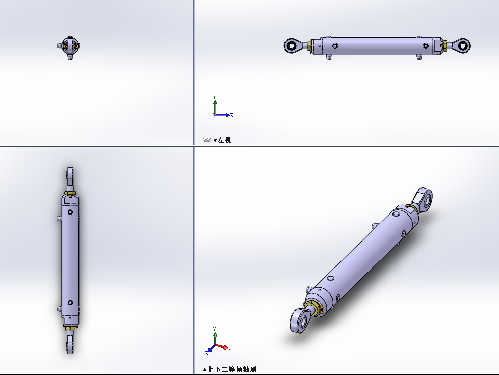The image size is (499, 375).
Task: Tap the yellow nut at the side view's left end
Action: (x=309, y=46)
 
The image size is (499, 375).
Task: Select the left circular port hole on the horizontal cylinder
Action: (x=335, y=46)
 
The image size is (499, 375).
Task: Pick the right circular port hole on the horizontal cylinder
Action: (x=426, y=46)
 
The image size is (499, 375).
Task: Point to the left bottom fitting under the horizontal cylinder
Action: (x=329, y=57)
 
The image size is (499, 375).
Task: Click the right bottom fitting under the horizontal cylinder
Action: (x=419, y=57)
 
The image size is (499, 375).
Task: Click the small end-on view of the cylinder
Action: (x=70, y=47)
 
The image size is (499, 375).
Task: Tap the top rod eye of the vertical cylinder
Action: (x=70, y=174)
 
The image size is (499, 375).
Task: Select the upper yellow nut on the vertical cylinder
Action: (x=70, y=193)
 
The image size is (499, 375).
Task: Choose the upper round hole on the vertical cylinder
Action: (x=70, y=212)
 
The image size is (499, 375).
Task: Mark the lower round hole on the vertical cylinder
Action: (x=70, y=303)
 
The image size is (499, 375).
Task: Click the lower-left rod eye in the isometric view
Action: (x=300, y=320)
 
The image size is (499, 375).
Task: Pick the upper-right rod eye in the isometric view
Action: (x=423, y=199)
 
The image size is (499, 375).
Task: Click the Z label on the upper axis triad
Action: (x=232, y=115)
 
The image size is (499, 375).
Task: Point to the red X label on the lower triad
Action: (x=229, y=349)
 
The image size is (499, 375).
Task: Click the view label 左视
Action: (x=224, y=140)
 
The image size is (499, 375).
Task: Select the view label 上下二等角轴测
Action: (x=232, y=369)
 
